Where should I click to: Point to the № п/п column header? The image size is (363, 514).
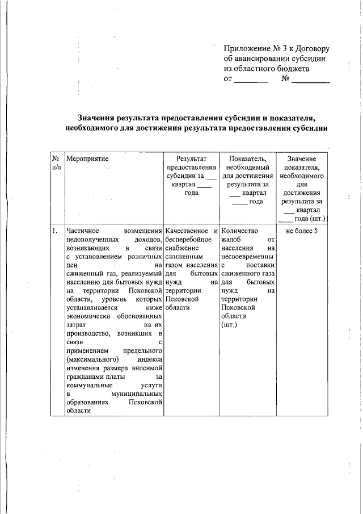56,164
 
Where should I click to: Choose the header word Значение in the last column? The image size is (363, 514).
302,159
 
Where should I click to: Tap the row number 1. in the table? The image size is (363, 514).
54,231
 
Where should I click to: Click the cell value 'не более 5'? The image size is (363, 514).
302,231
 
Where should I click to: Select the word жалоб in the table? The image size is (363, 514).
231,240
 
